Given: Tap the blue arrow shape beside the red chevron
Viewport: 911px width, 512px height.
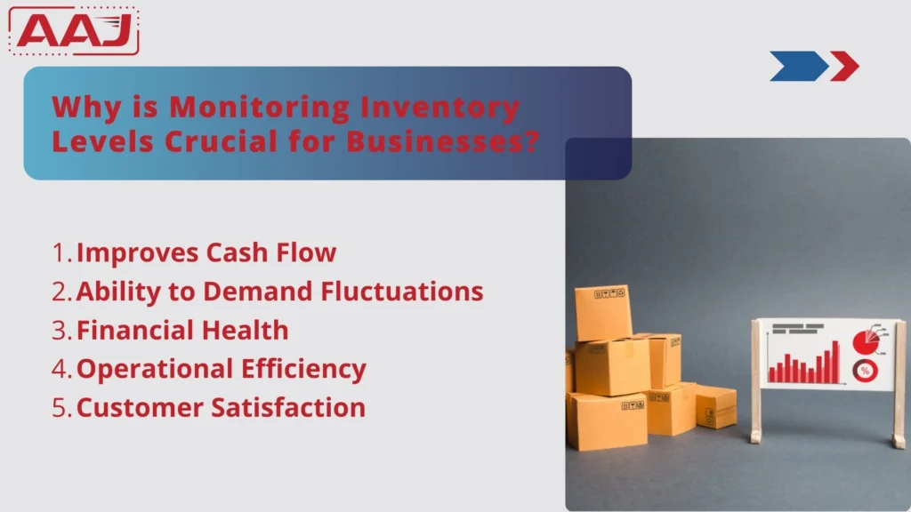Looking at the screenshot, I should tap(797, 66).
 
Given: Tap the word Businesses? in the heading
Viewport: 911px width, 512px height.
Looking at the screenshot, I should tap(442, 140).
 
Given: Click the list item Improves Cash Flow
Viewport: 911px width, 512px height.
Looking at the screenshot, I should tap(206, 252).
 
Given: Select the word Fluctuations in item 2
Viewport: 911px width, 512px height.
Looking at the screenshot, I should tap(407, 292).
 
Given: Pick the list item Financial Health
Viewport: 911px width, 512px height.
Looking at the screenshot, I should tap(182, 331).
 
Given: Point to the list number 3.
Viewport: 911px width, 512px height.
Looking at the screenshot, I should tap(60, 331).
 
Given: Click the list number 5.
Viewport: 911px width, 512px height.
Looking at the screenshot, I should tap(60, 408).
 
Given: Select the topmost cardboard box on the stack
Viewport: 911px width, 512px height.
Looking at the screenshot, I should tap(602, 312).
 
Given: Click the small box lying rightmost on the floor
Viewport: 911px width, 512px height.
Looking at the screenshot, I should tap(715, 406).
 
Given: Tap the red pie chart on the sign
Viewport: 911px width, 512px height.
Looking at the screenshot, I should tap(865, 341).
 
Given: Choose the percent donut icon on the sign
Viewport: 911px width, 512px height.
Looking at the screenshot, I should tap(864, 370).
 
